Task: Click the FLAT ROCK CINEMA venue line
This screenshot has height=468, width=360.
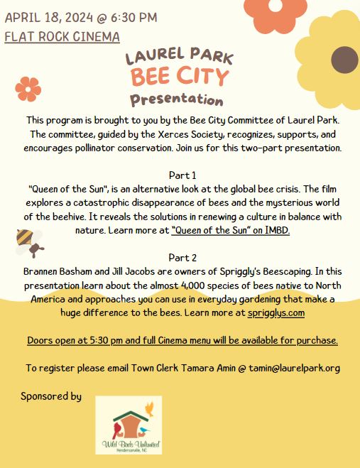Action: point(62,36)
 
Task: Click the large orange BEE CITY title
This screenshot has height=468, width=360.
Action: point(180,76)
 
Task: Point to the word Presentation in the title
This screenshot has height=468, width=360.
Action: point(176,99)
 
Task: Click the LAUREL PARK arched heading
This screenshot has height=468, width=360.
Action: point(179,56)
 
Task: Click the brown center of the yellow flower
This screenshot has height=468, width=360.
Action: point(344,60)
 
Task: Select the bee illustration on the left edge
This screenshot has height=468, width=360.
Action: point(28,242)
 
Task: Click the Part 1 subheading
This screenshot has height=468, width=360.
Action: point(182,175)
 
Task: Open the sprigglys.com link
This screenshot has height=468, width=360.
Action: point(276,312)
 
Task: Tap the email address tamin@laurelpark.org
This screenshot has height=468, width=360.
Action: point(289,368)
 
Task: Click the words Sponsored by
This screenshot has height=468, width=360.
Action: point(51,396)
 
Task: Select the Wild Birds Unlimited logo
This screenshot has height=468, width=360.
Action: point(129,425)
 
